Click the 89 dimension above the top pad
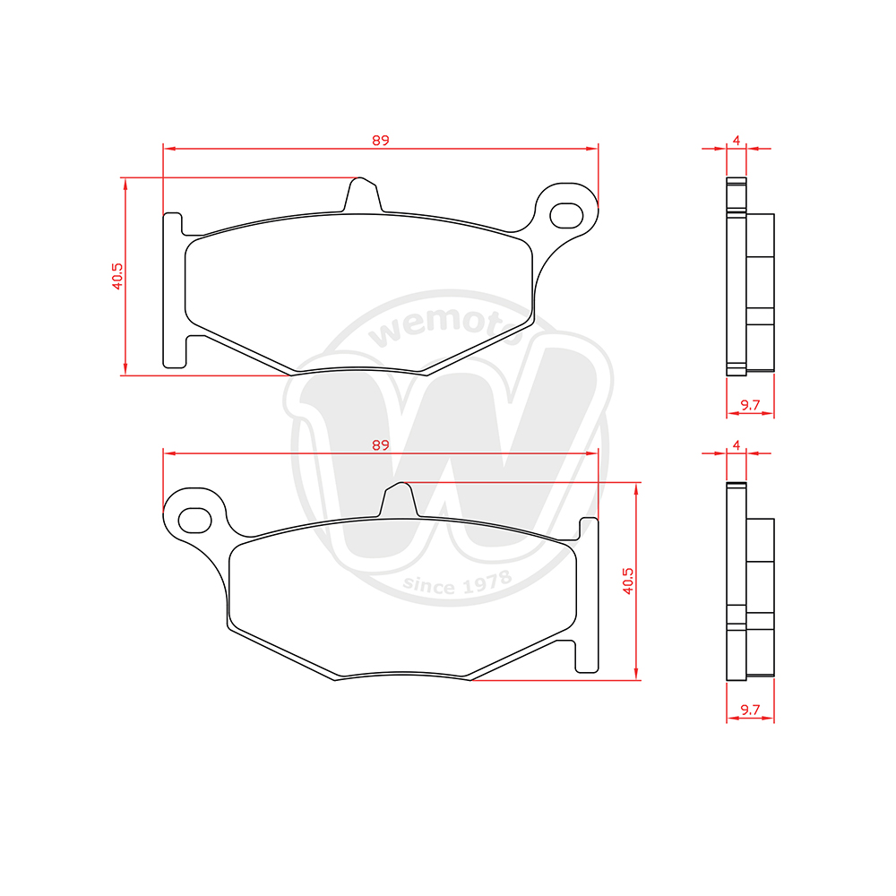tap(380, 140)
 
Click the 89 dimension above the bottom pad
tap(380, 444)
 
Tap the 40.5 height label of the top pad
tap(117, 277)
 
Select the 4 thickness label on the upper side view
tap(736, 141)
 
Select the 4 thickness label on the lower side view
tap(736, 445)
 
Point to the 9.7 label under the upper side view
tap(750, 406)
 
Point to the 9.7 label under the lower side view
tap(750, 711)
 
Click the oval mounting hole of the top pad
tap(566, 215)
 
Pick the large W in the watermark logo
tap(448, 448)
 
